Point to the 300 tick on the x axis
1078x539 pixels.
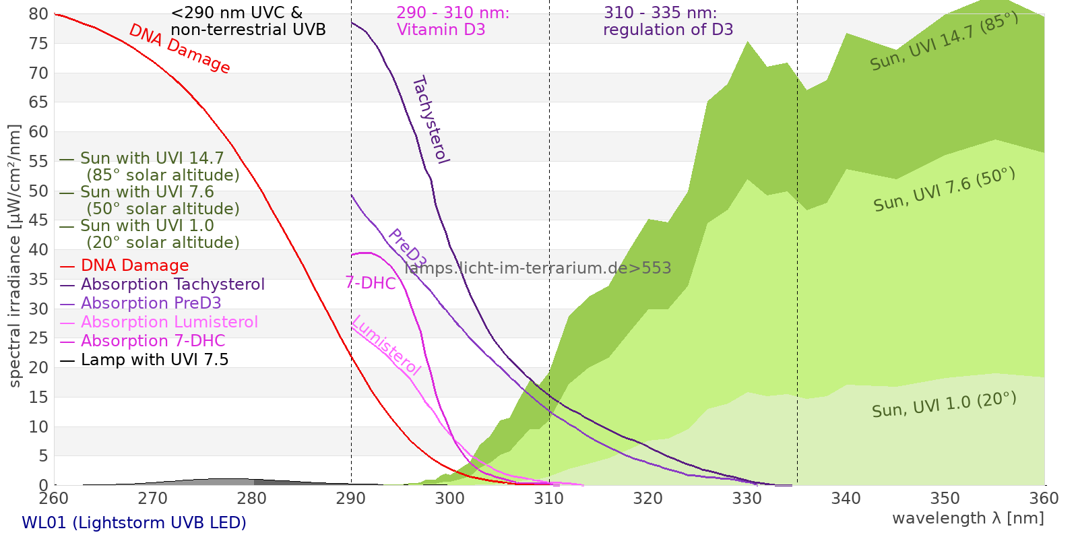click(x=450, y=499)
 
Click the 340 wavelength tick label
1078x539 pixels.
click(x=846, y=499)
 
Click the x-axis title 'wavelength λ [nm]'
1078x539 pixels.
click(x=968, y=518)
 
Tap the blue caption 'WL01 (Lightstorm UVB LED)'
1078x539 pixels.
click(x=134, y=523)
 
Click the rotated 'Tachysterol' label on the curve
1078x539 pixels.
click(x=431, y=120)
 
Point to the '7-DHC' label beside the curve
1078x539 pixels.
click(x=371, y=283)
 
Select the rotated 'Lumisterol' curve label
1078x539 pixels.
click(x=386, y=345)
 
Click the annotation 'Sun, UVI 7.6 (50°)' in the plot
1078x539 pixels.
click(x=944, y=190)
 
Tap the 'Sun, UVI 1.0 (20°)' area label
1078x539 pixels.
click(x=944, y=405)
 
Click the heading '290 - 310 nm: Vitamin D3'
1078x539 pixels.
click(x=453, y=22)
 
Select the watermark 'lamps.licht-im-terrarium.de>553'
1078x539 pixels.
click(x=538, y=268)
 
